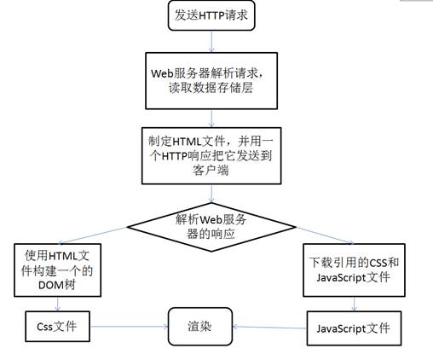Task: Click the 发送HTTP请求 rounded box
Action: [211, 15]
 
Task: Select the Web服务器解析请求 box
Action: [211, 81]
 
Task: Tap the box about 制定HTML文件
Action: [211, 155]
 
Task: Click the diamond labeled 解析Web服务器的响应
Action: [211, 227]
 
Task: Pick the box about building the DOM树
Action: [57, 270]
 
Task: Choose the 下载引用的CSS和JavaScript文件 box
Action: [354, 270]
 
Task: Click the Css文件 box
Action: [57, 326]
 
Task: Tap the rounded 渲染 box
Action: [200, 327]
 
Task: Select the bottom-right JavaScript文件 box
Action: [354, 328]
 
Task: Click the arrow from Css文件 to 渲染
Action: [129, 327]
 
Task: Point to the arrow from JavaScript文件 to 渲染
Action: [269, 328]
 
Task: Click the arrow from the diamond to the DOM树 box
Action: [93, 235]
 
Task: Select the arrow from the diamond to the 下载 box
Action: [325, 235]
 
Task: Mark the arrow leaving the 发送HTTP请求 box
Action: [211, 42]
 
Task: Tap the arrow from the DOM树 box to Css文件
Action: [58, 304]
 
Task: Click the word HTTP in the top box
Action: [211, 15]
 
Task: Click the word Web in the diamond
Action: [211, 220]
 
